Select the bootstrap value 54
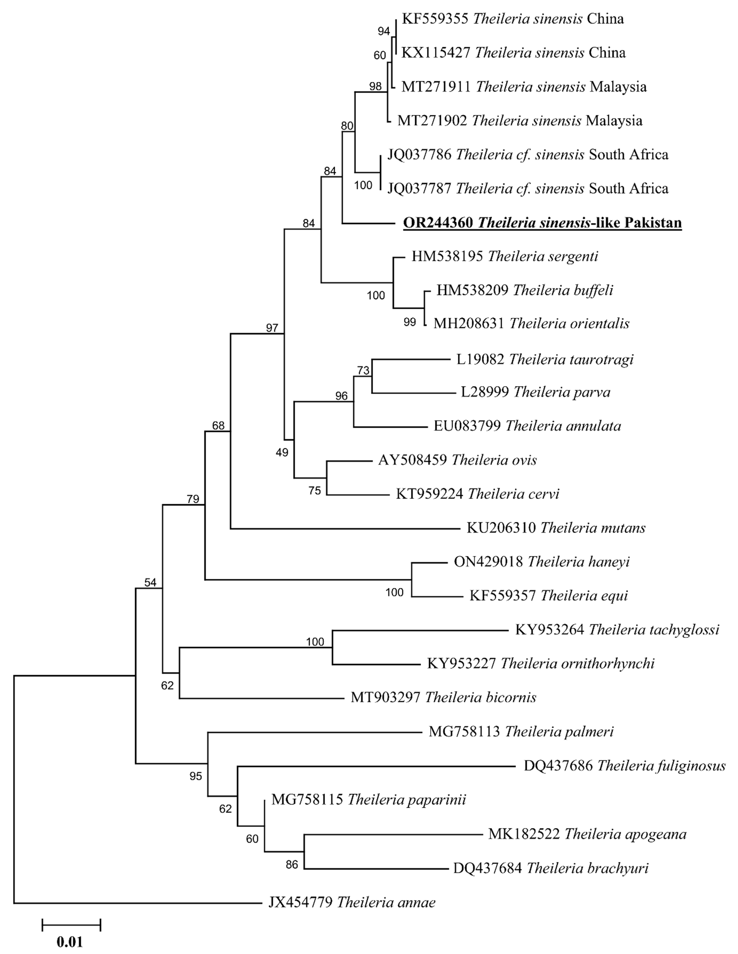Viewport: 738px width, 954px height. (150, 582)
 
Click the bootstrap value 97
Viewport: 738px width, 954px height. (272, 328)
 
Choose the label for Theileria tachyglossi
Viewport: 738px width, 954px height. (617, 630)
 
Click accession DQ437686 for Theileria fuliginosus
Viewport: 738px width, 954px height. (558, 766)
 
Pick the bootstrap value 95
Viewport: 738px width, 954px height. (196, 776)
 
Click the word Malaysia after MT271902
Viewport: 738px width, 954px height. (614, 121)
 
